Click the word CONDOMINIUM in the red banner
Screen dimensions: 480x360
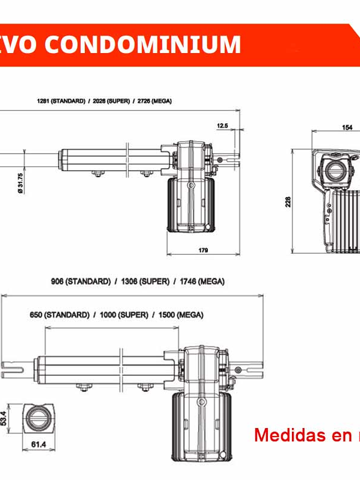click(143, 44)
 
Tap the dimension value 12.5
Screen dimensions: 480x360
click(223, 126)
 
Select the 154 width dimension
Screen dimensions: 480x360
click(347, 127)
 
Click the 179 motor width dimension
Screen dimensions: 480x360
click(203, 250)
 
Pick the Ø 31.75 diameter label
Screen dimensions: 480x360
click(20, 183)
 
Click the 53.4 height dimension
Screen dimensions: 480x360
click(4, 418)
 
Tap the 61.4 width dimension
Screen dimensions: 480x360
click(38, 444)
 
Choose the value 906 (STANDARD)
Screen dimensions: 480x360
click(81, 281)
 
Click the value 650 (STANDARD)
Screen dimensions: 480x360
click(60, 315)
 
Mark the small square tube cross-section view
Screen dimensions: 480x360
click(38, 418)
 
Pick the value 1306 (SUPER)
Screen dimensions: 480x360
click(145, 281)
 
